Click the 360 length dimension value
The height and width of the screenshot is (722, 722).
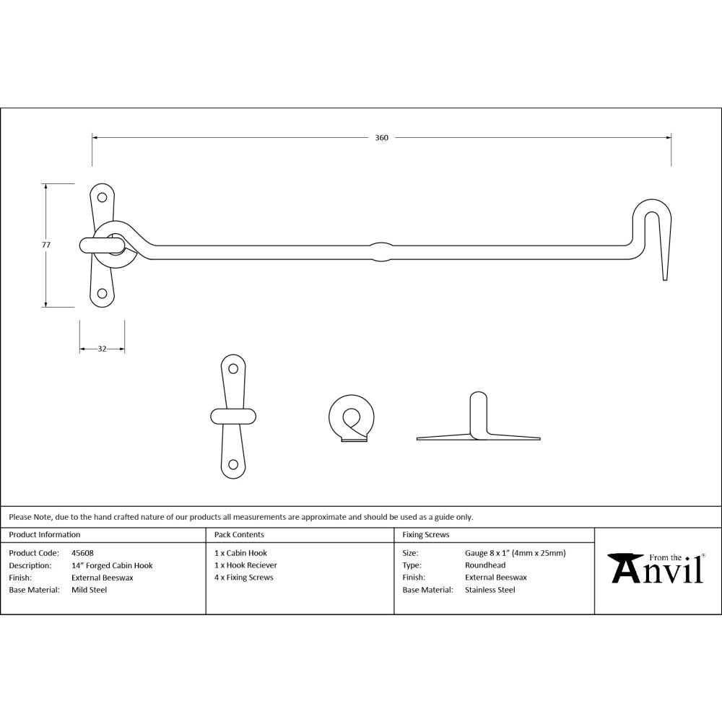click(381, 138)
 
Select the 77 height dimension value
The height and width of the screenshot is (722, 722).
click(46, 245)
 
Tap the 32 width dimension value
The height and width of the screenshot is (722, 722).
click(102, 349)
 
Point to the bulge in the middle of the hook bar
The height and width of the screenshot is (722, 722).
click(380, 251)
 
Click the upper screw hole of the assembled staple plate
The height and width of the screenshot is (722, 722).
click(102, 196)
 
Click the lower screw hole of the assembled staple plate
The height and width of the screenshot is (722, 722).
click(102, 293)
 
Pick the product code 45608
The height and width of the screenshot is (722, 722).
click(82, 553)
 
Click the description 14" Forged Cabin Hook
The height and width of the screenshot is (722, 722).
click(112, 565)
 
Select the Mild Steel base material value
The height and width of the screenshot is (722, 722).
click(89, 590)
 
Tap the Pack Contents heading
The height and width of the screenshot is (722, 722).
click(239, 535)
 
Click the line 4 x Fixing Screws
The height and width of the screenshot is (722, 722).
click(244, 578)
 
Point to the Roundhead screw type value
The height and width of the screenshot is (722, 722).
click(484, 565)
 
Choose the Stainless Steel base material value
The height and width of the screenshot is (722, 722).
click(490, 590)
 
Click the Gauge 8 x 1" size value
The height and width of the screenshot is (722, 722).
click(515, 553)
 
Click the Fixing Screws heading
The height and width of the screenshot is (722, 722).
click(425, 535)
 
